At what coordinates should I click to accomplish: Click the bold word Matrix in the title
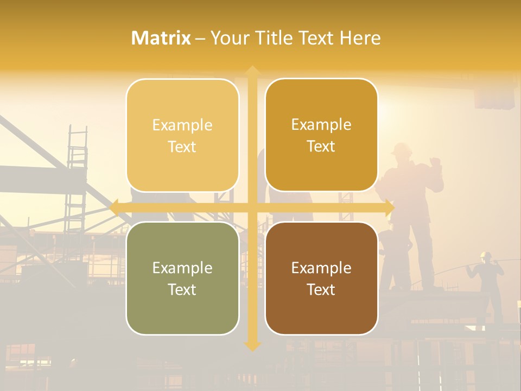click(x=161, y=38)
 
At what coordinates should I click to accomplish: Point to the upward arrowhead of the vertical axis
click(x=252, y=71)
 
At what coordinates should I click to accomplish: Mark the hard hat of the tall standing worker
click(x=401, y=148)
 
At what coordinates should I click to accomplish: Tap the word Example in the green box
click(x=182, y=268)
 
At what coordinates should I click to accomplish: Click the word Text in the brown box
click(x=321, y=289)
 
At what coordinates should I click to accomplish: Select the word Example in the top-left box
click(x=182, y=125)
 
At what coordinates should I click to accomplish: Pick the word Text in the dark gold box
click(x=321, y=146)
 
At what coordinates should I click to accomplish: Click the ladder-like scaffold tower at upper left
click(x=77, y=174)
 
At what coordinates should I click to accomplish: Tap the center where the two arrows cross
click(x=252, y=207)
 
